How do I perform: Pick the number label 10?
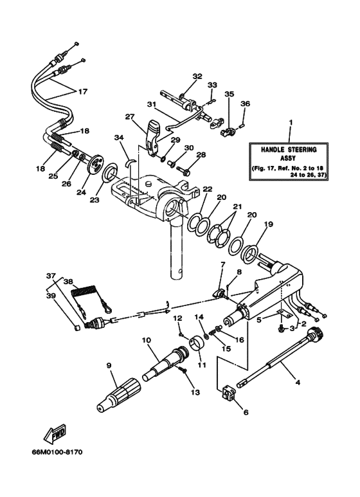coord(145,341)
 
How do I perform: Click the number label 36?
coord(245,104)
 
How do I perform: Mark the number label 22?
coord(207,189)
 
